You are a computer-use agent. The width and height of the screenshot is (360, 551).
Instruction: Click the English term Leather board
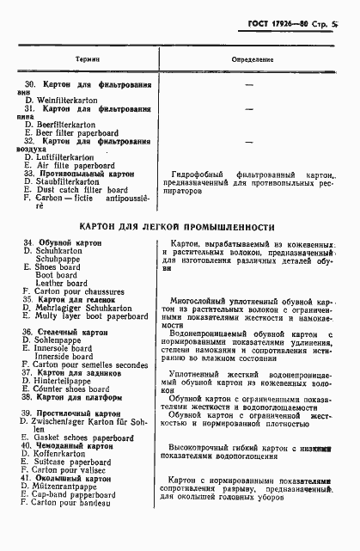coord(70,283)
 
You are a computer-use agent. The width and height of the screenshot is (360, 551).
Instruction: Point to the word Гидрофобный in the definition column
coord(191,174)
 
